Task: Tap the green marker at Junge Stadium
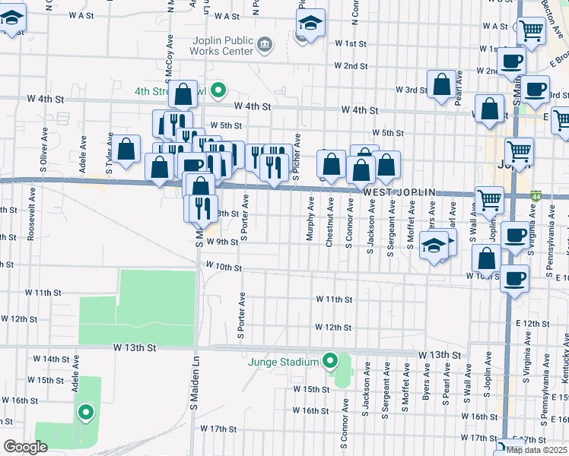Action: tap(330, 361)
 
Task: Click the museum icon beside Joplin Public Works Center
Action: tap(265, 45)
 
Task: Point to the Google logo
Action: tap(25, 447)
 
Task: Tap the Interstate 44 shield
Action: tap(536, 196)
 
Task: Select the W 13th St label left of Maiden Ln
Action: tap(135, 347)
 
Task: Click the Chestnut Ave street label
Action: tap(330, 222)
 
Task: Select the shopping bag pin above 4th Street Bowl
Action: tap(183, 95)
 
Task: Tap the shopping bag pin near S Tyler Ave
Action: tap(127, 149)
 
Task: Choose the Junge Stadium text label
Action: tap(283, 362)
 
